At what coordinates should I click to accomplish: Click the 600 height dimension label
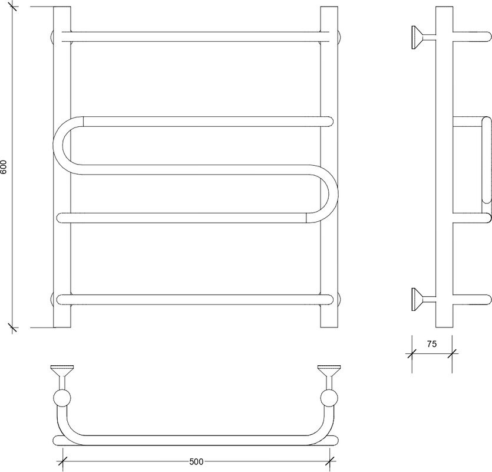(4, 166)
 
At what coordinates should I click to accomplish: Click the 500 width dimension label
(196, 461)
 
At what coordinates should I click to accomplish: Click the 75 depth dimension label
(432, 344)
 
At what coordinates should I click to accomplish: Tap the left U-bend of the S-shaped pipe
(58, 145)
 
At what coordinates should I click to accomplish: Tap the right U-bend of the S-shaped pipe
(333, 194)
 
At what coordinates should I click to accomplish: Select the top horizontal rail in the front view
(196, 37)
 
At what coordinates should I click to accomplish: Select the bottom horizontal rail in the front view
(195, 300)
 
